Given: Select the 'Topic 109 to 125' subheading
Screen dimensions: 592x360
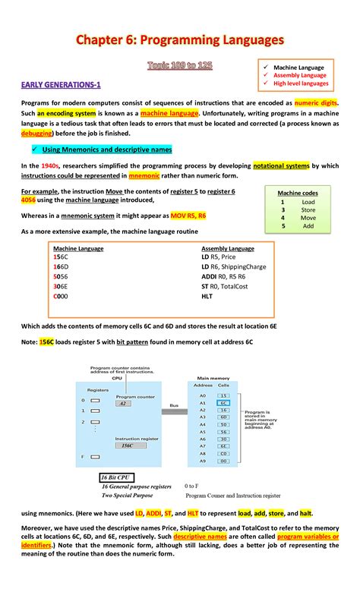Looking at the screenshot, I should click(x=179, y=67).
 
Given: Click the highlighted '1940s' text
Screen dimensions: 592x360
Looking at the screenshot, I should click(x=51, y=165).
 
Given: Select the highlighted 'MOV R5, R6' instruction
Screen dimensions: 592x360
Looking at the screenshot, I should click(x=188, y=216).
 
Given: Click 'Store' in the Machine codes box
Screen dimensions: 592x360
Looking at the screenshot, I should click(x=308, y=210).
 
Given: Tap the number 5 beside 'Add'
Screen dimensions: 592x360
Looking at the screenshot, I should click(x=283, y=226).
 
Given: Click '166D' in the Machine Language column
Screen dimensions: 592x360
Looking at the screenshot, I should click(x=61, y=267).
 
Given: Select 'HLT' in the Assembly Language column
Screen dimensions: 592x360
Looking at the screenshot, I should click(x=207, y=297).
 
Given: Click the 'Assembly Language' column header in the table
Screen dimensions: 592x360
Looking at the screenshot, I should click(x=228, y=248).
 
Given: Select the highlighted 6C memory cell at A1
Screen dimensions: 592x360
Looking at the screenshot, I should click(x=223, y=402).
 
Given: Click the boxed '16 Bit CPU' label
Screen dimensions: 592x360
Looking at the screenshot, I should click(x=119, y=477).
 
